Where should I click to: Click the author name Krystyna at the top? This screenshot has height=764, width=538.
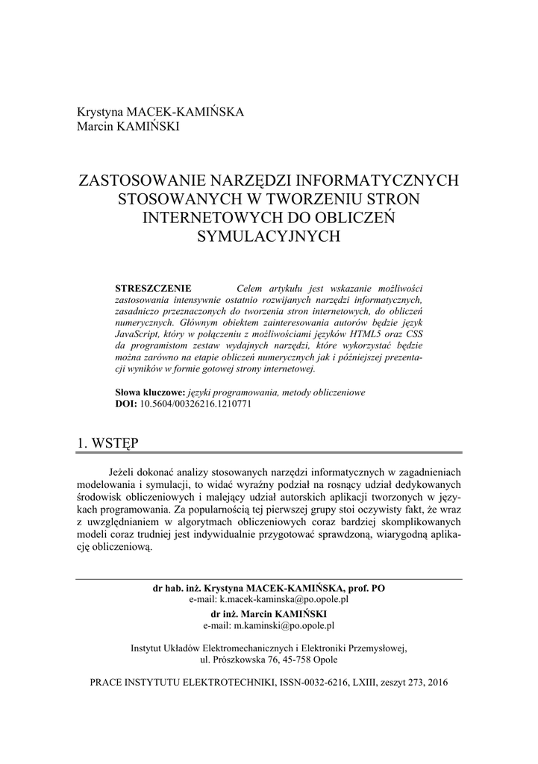pos(100,112)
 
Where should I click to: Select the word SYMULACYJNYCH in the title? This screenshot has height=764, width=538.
pos(269,236)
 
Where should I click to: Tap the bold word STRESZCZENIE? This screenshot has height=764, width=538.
pos(153,288)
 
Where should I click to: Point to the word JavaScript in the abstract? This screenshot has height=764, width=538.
pos(139,334)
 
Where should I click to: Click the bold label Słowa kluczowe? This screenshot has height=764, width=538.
pos(149,392)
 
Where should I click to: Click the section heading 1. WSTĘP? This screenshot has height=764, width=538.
pos(108,442)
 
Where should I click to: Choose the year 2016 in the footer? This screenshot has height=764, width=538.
pos(437,683)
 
